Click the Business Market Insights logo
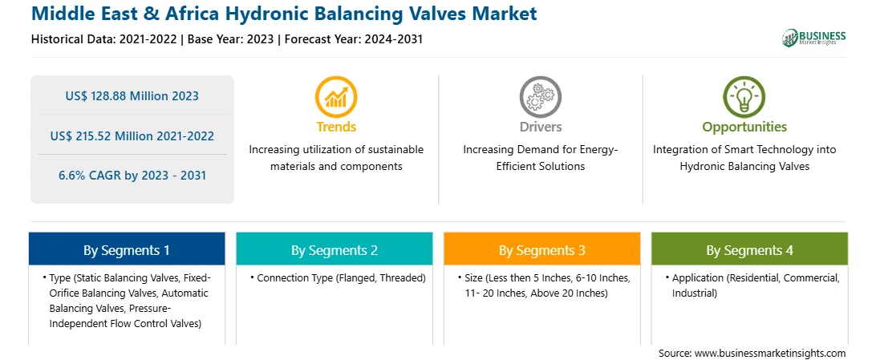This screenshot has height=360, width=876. tap(813, 38)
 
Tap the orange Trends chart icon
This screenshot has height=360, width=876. tap(336, 97)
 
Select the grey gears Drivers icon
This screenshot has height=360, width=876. tap(540, 97)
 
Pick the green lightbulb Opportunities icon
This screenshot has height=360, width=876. tap(744, 97)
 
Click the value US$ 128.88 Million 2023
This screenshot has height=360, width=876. tap(132, 96)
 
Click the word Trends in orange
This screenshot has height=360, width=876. tap(336, 127)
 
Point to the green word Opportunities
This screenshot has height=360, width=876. tap(744, 127)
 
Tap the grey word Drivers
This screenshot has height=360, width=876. tap(540, 127)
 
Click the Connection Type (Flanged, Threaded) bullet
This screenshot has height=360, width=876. tap(338, 278)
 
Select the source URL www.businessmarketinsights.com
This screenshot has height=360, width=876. tap(770, 354)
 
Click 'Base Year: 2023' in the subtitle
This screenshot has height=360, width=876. tap(231, 39)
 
